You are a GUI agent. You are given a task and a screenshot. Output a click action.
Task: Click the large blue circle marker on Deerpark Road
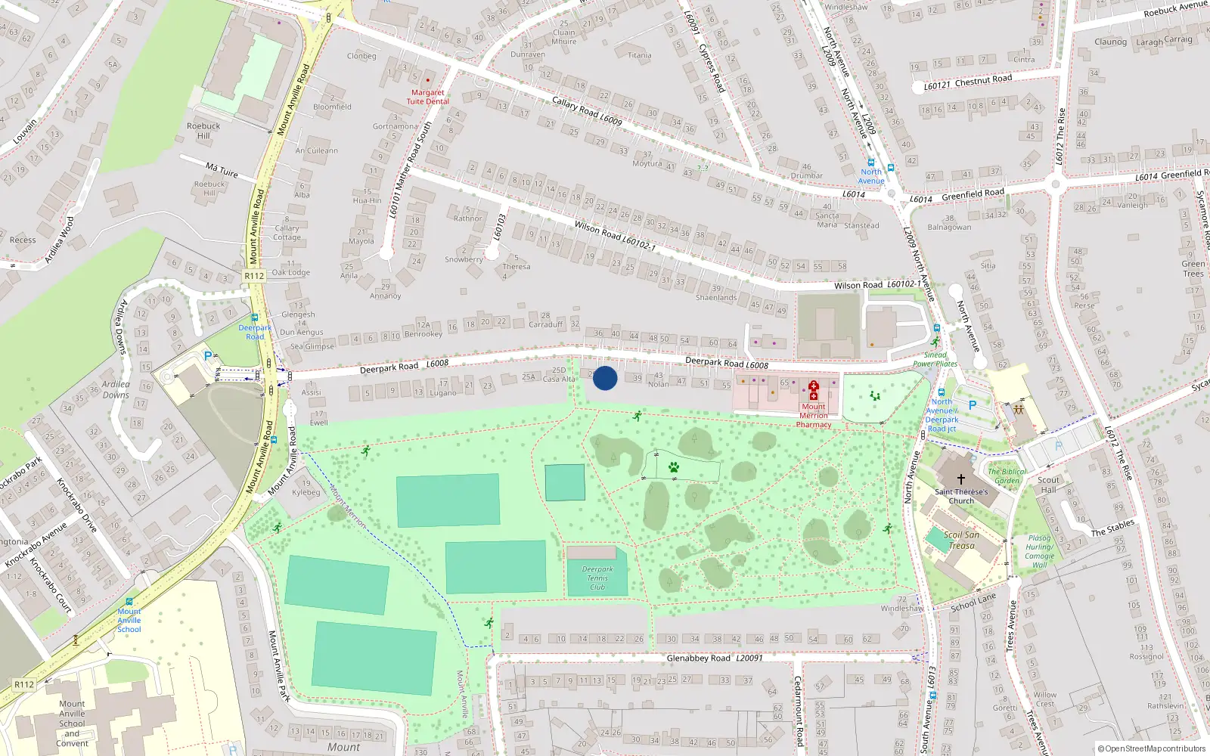coord(605,378)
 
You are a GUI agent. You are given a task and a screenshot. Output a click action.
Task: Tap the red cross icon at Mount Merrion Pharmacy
coord(814,390)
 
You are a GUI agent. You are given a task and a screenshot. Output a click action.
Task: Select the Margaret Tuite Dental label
coord(427,97)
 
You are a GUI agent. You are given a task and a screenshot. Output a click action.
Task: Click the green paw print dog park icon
coord(673,467)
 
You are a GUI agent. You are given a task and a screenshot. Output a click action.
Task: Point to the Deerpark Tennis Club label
coord(597,578)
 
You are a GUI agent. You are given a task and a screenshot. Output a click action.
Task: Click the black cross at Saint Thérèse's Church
coord(961,479)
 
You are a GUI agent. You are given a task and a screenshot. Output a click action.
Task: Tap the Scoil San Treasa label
coord(961,540)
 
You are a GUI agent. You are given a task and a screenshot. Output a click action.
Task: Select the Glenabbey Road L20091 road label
coord(715,658)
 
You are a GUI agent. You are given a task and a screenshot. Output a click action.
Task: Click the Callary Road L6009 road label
coord(586,110)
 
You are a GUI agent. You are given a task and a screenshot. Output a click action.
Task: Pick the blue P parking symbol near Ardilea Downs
coord(208,355)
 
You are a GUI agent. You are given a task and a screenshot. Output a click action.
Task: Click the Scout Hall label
coord(1048,485)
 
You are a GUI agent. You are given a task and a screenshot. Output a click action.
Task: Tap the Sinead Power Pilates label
coord(935,359)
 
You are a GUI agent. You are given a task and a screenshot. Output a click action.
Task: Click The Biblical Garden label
coord(1007,476)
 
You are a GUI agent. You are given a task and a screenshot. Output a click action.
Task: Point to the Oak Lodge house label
coord(291,272)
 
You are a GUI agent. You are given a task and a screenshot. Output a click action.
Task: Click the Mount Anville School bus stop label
coord(129,620)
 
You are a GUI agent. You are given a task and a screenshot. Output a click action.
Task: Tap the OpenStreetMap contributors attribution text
coord(1151,748)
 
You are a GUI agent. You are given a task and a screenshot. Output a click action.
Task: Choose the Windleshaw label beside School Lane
coord(901,608)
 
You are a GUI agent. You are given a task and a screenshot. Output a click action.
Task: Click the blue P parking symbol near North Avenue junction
coord(972,405)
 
